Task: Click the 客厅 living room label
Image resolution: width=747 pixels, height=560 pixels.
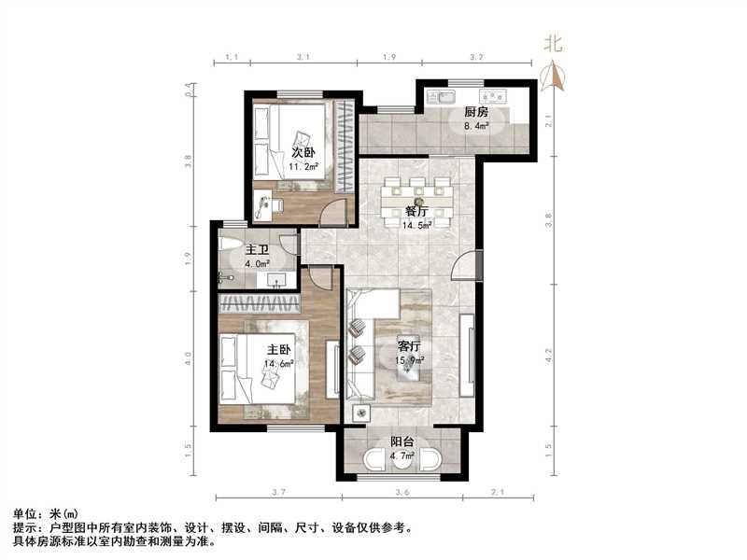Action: [409, 345]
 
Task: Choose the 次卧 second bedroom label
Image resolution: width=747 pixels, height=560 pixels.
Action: [303, 152]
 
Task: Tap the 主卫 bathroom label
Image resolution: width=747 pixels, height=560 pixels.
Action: [257, 250]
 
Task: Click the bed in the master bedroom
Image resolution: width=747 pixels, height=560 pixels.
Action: [257, 369]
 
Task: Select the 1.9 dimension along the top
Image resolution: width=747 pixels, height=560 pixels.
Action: [389, 58]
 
